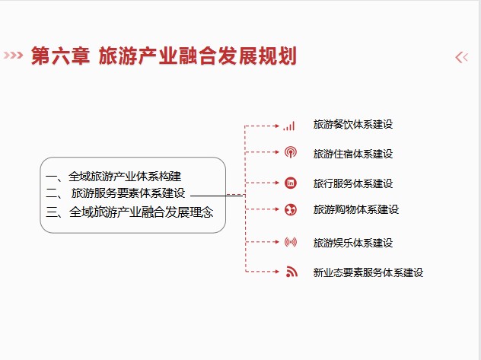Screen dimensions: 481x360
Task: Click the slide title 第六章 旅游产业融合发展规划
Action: [x=164, y=56]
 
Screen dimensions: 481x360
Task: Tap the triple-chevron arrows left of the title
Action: [x=13, y=56]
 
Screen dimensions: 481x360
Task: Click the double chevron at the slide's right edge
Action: [x=462, y=57]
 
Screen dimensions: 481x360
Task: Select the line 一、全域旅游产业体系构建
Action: [x=113, y=177]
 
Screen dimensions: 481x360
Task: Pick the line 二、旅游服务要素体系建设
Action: [x=116, y=193]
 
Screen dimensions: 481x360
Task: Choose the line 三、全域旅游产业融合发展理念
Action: [x=129, y=212]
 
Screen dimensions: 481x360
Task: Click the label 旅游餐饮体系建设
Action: [x=353, y=125]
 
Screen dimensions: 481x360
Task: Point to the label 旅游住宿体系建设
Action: [x=353, y=154]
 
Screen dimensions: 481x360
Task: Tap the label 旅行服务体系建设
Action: [x=353, y=183]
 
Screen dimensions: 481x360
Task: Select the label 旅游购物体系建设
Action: [x=356, y=209]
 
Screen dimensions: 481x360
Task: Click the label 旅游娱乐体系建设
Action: [x=353, y=243]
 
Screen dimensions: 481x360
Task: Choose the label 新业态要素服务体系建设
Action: [x=368, y=272]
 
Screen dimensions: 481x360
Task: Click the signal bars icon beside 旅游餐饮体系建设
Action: [x=289, y=126]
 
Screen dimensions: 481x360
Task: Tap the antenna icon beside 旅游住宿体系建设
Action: [x=291, y=152]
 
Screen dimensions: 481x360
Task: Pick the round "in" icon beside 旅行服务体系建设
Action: [x=291, y=183]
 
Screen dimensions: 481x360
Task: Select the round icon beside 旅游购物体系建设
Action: [x=291, y=209]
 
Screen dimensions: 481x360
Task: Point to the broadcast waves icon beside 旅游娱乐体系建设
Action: [x=291, y=242]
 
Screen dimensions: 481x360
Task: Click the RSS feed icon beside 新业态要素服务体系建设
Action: [x=291, y=272]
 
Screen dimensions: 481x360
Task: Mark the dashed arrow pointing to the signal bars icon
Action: [x=262, y=126]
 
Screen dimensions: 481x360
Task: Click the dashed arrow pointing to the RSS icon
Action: [x=263, y=272]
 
